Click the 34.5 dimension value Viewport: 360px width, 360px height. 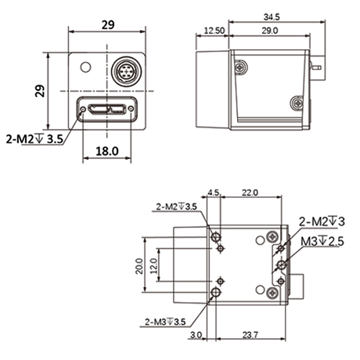click(272, 17)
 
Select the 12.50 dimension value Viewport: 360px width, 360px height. click(214, 31)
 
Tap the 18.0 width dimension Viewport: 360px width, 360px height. click(107, 151)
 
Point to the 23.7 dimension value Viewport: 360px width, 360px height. click(250, 334)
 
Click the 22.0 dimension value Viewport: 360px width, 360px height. click(250, 193)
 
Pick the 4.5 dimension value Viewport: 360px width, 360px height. click(214, 193)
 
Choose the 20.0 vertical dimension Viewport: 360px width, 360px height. click(139, 266)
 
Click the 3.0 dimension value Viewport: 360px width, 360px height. click(196, 335)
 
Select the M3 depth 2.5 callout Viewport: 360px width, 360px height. click(322, 241)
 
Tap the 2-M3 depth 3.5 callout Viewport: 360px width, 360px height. click(165, 322)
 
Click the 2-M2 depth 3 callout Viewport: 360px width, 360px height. click(322, 221)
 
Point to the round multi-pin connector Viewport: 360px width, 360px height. click(127, 70)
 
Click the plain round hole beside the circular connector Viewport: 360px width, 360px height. click(85, 67)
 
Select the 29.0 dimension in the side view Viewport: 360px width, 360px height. click(270, 31)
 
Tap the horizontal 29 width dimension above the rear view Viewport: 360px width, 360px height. click(108, 25)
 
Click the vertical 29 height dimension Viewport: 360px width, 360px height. click(40, 91)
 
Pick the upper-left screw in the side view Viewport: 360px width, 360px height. click(240, 67)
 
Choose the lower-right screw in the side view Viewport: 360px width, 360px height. click(297, 103)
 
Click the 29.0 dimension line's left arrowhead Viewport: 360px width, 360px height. click(231, 36)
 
